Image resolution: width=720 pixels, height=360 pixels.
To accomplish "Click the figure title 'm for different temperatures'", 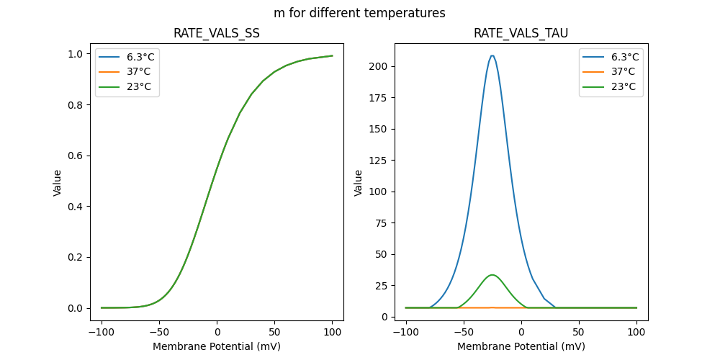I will click(x=359, y=13).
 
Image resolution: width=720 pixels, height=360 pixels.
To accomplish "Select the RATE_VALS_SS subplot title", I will click(x=217, y=34).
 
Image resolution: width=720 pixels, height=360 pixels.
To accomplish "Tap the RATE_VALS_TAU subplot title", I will click(x=521, y=34).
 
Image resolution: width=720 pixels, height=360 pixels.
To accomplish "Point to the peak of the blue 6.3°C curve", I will click(x=492, y=55).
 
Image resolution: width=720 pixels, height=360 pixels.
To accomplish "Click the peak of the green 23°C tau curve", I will click(x=492, y=275).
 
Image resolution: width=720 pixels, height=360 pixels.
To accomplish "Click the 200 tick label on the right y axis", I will click(x=378, y=66).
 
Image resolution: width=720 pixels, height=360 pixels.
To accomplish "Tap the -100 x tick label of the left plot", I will click(x=101, y=333).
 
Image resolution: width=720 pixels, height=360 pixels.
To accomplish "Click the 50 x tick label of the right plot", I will click(x=579, y=333).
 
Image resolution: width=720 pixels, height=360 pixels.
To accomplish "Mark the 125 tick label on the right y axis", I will click(x=378, y=161).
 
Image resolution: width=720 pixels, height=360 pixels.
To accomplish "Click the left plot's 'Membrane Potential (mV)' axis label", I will click(x=217, y=346).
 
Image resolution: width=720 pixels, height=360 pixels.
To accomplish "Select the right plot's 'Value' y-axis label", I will click(x=358, y=183).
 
